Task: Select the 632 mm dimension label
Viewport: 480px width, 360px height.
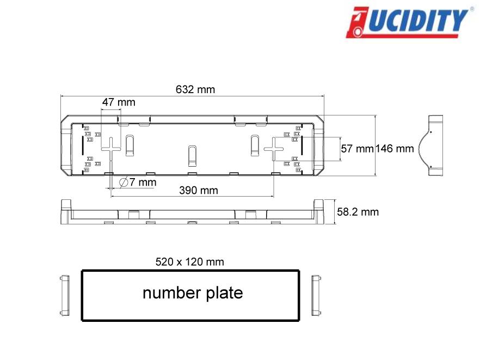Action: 195,90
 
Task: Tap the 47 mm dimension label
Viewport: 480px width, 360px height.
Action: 119,102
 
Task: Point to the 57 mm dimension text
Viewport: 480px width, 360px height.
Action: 357,149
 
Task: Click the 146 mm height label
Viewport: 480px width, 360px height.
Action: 395,149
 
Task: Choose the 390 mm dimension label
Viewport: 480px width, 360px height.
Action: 199,190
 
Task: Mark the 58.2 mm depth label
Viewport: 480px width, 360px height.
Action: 358,212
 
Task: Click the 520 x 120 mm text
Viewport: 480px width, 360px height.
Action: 189,262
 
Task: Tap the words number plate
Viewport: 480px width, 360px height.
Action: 193,293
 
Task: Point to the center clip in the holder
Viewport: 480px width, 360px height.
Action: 192,155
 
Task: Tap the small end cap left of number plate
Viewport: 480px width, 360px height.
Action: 64,295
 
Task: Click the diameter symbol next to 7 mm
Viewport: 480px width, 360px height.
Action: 124,182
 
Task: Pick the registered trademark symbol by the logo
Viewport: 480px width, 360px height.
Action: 471,9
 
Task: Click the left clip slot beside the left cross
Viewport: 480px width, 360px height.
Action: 130,145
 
